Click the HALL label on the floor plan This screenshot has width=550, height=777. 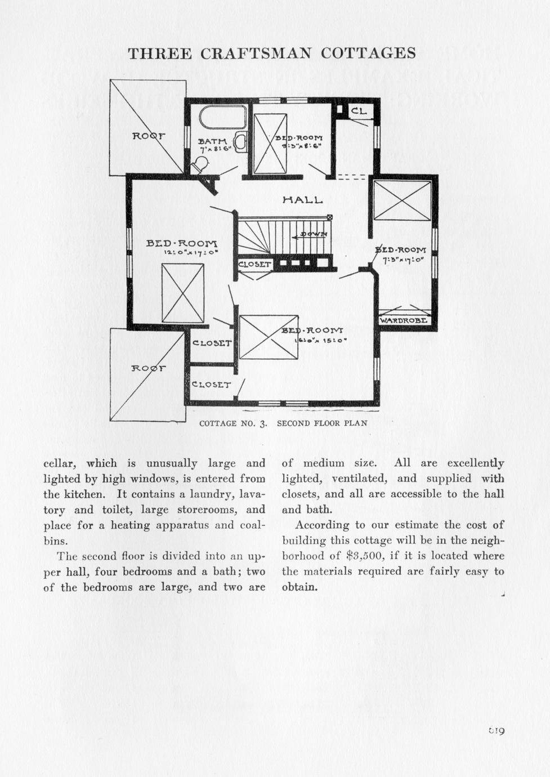click(302, 200)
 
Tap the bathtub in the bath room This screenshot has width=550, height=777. click(223, 117)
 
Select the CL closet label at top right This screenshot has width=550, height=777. click(359, 111)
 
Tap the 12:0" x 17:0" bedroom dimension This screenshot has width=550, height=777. click(183, 253)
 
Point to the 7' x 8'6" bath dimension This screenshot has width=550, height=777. click(212, 150)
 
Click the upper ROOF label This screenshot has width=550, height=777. click(149, 136)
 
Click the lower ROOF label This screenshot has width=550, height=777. click(149, 368)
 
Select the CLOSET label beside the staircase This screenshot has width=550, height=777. click(254, 264)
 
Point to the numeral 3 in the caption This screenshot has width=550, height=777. click(263, 423)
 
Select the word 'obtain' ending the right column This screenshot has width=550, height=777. click(298, 587)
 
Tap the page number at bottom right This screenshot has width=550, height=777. click(496, 731)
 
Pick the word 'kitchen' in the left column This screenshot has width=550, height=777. click(84, 494)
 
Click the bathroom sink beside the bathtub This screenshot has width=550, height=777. click(240, 141)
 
